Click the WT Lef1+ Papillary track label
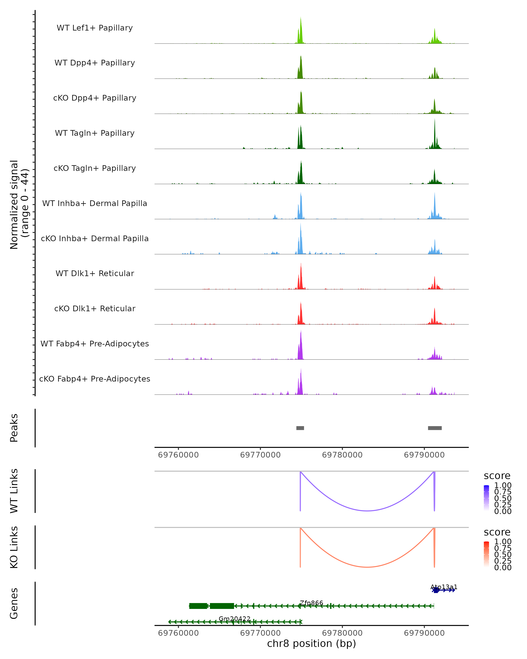point(95,28)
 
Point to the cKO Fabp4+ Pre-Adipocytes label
point(95,379)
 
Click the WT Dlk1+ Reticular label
point(95,273)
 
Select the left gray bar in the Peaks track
point(300,428)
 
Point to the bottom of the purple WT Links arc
point(367,511)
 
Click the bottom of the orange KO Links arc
point(367,567)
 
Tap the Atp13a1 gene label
point(444,587)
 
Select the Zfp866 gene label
point(311,603)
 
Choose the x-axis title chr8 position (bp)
point(311,644)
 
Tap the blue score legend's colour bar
point(486,498)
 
